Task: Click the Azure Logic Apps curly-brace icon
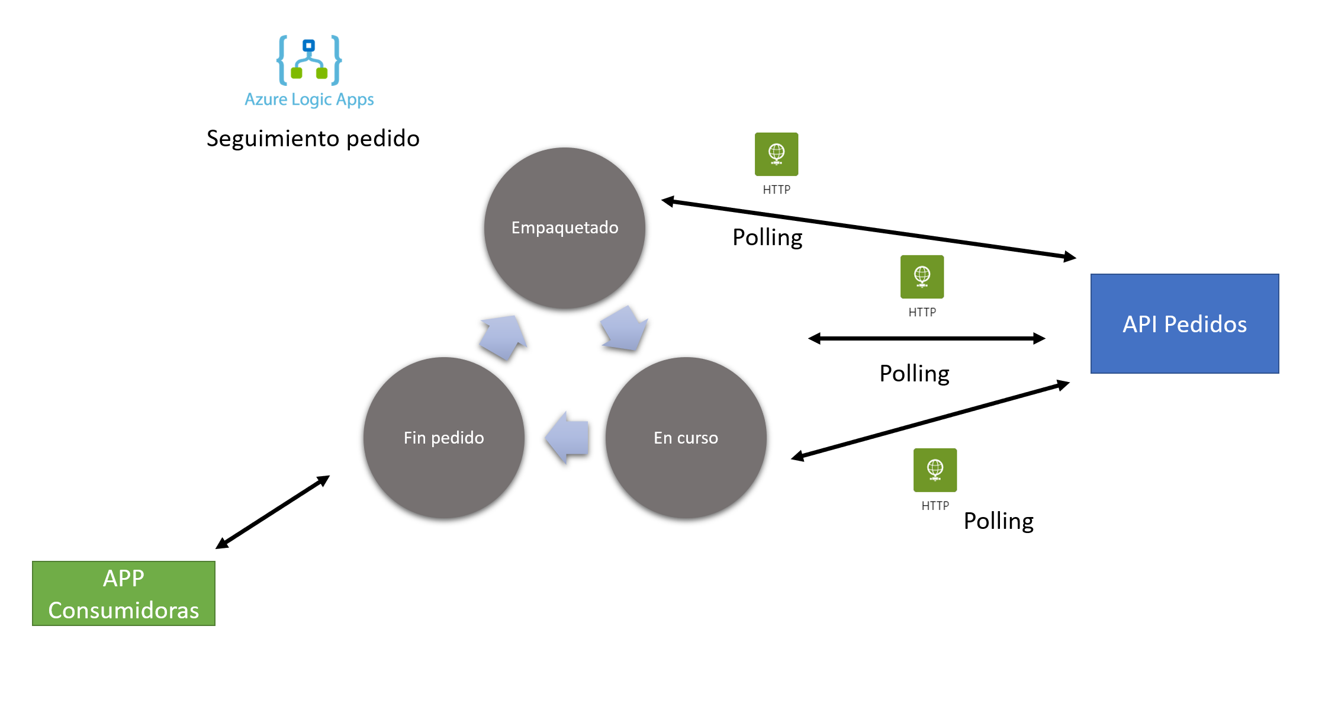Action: (x=309, y=60)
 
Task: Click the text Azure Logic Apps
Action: (x=309, y=99)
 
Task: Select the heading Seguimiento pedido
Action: (x=313, y=139)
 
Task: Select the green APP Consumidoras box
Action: (x=124, y=593)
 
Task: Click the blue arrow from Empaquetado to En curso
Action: (x=623, y=329)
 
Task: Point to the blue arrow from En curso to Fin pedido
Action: (x=568, y=438)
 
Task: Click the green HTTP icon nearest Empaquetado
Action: (x=776, y=155)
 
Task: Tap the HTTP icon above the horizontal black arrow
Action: (x=922, y=277)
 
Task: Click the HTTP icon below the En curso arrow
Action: (x=935, y=470)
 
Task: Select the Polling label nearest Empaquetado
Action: (x=767, y=237)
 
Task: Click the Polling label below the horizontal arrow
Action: (x=914, y=374)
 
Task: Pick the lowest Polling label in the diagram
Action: (x=998, y=521)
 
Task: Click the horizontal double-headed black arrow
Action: (x=927, y=338)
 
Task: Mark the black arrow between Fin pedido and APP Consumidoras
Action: (x=272, y=512)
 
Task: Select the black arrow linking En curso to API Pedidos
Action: (x=929, y=421)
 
